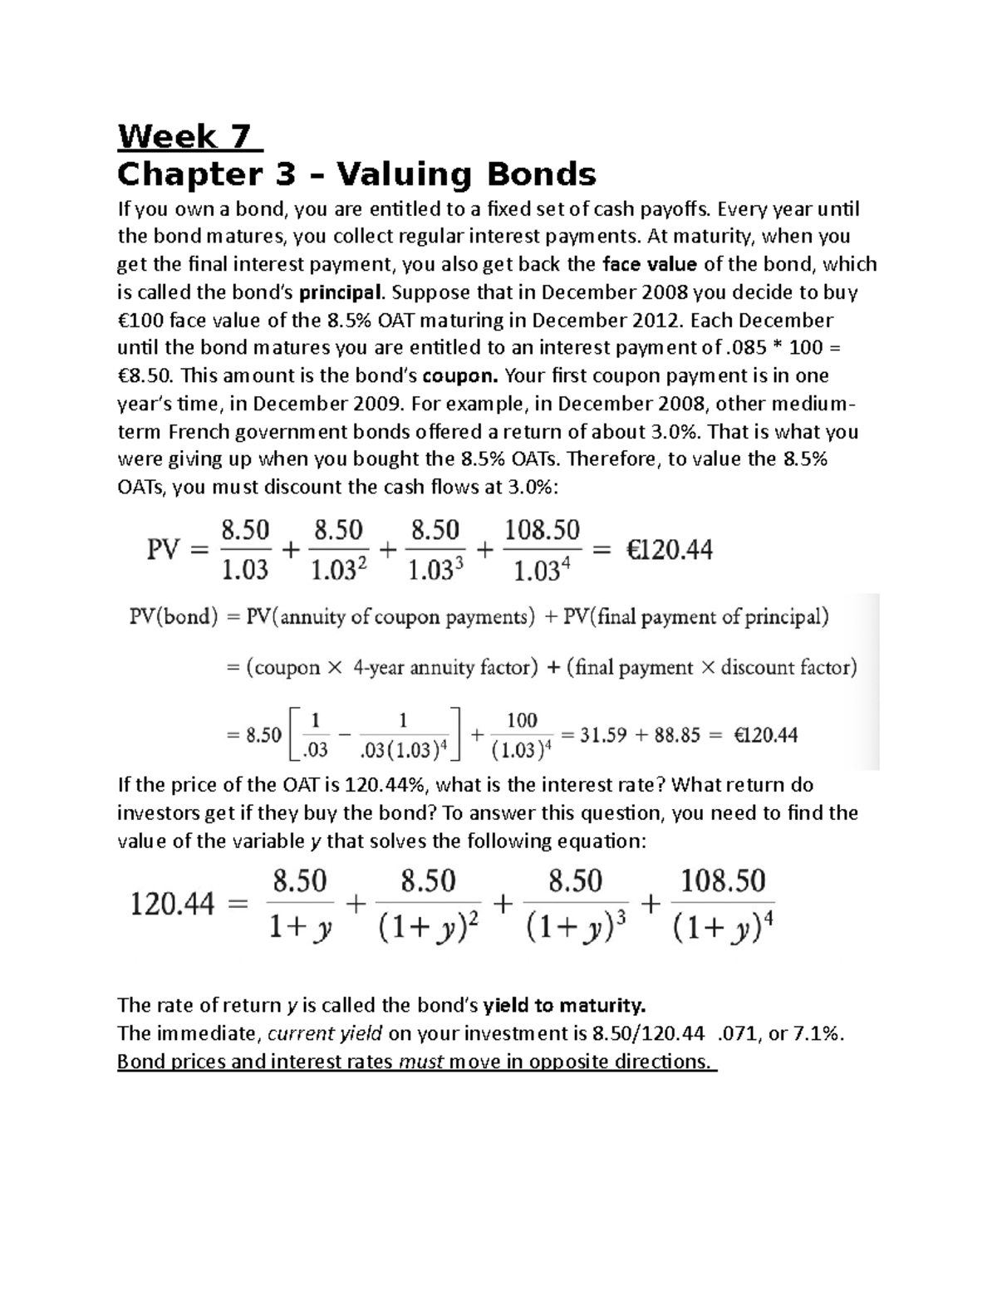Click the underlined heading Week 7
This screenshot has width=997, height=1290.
(189, 136)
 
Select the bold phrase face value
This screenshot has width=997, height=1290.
(649, 265)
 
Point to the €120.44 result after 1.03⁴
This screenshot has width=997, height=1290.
(668, 550)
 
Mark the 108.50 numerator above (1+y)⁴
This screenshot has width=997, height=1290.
(722, 880)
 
